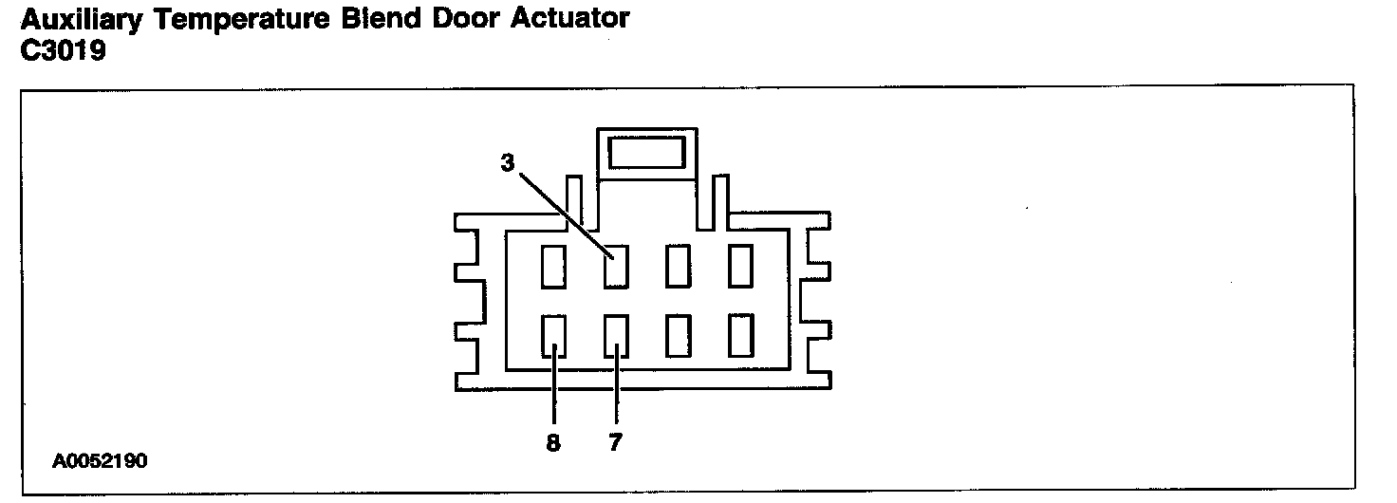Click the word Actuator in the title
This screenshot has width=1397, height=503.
pos(573,18)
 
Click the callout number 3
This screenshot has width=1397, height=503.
pos(508,163)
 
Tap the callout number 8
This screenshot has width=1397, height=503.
pos(553,441)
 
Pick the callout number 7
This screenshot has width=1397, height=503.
pos(615,441)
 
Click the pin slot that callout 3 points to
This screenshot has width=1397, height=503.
pos(616,267)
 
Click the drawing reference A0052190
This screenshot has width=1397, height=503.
pos(101,462)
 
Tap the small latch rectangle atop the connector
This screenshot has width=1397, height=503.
pos(645,152)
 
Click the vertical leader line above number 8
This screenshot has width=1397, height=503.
pos(554,394)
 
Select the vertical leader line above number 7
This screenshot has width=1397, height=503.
pos(616,394)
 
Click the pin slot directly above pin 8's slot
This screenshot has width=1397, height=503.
pos(554,267)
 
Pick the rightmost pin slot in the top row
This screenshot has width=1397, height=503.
pos(740,267)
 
